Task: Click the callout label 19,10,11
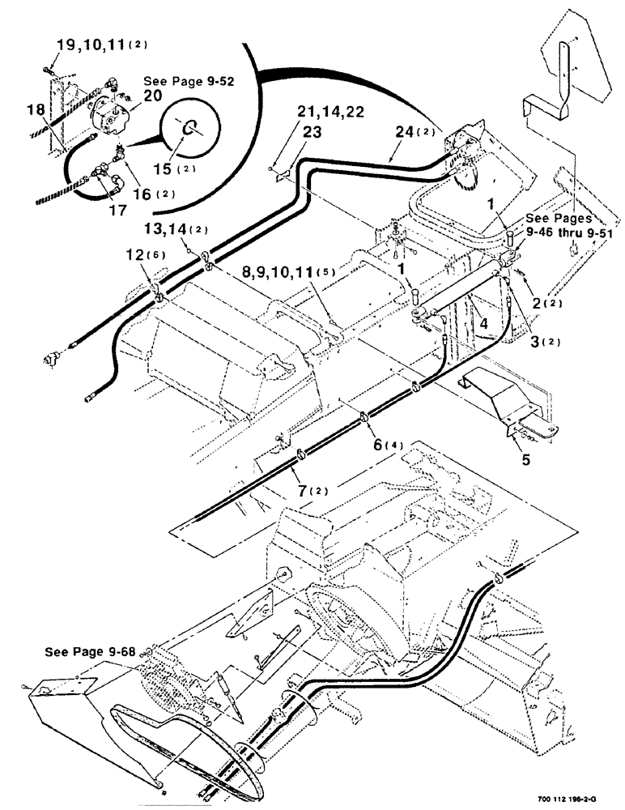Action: point(92,43)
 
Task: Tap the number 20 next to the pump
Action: point(154,96)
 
